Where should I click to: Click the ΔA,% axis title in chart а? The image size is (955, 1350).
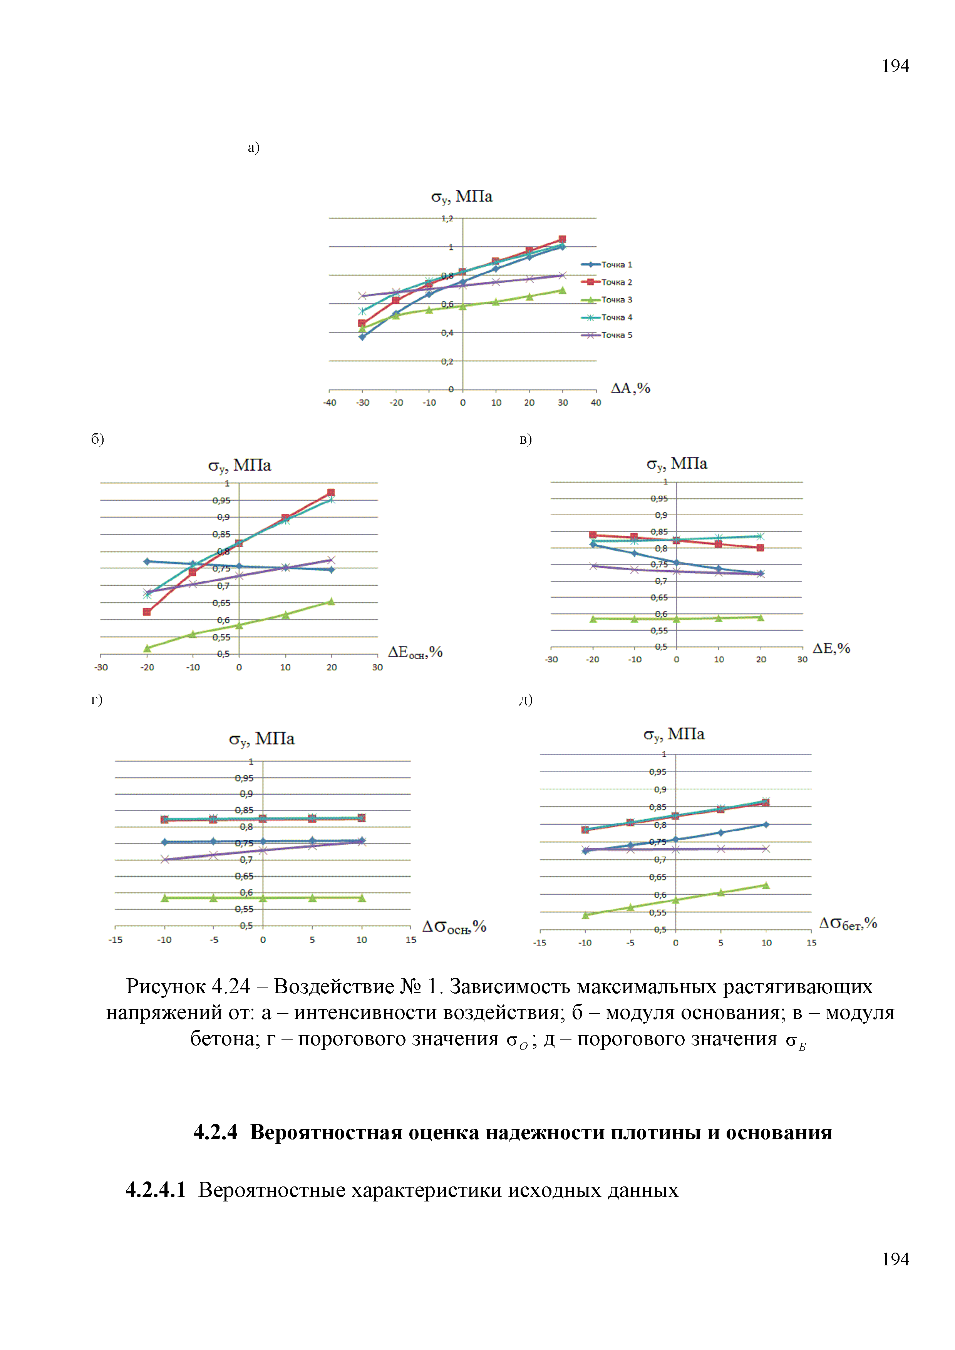click(630, 388)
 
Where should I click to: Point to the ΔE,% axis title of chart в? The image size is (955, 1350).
click(831, 648)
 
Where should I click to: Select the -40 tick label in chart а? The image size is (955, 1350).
click(330, 403)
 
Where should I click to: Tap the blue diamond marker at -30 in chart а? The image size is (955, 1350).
click(362, 337)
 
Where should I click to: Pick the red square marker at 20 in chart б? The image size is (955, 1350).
click(331, 493)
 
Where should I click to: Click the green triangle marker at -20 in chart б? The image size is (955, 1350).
click(147, 648)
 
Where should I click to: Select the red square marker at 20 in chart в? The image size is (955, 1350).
click(760, 548)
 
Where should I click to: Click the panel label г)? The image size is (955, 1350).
click(97, 700)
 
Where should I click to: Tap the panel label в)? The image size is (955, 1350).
click(526, 439)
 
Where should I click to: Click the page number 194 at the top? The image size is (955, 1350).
click(895, 66)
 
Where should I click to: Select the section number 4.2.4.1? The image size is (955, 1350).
click(155, 1190)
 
